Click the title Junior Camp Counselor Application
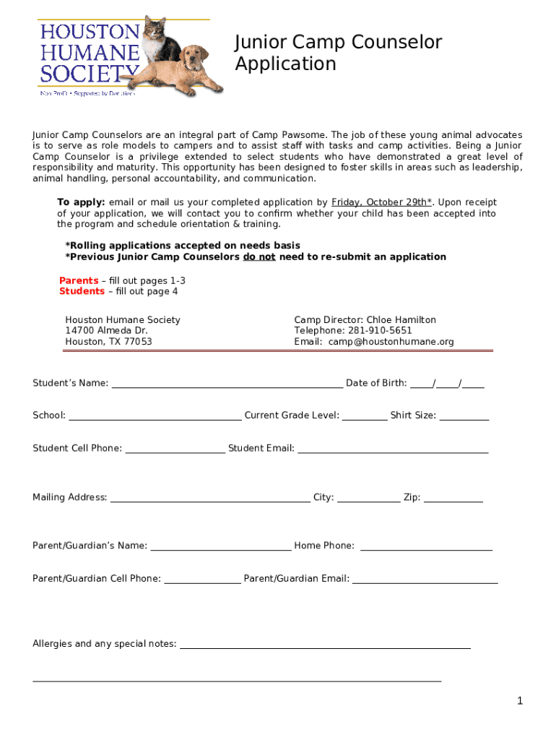tap(338, 53)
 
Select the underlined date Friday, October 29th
tap(381, 202)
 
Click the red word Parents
tap(79, 280)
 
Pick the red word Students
tap(82, 291)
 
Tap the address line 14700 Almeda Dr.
tap(106, 331)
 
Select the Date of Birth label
tap(376, 383)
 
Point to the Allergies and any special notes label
tap(105, 644)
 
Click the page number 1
tap(519, 701)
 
